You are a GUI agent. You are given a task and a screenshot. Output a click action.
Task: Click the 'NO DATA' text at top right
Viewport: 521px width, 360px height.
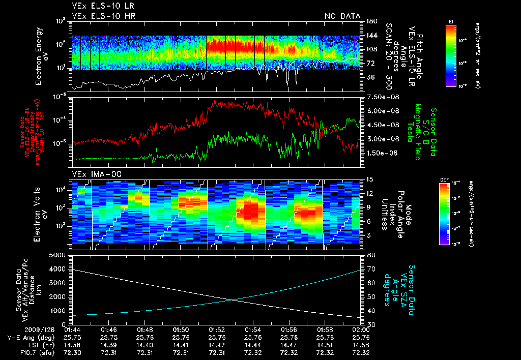pyautogui.click(x=342, y=16)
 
